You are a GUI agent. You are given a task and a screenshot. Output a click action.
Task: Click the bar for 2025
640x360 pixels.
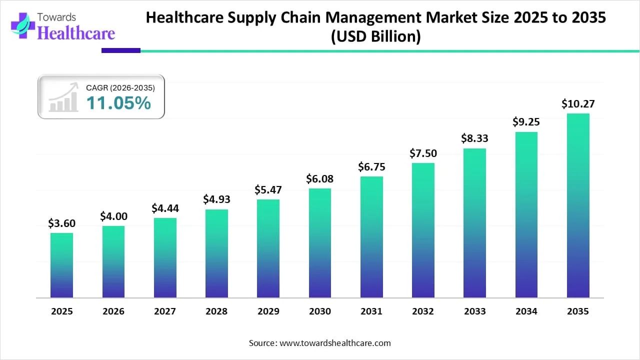coord(61,265)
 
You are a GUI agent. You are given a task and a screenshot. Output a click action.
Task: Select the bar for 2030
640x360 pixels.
coord(320,243)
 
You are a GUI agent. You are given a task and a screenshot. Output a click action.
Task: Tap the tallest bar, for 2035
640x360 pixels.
coord(578,205)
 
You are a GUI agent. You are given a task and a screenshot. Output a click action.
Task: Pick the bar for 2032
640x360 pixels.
coord(423,230)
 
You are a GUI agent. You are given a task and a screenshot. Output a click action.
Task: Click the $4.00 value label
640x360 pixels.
coord(113,216)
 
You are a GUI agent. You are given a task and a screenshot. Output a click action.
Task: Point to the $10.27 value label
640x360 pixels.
coord(578,104)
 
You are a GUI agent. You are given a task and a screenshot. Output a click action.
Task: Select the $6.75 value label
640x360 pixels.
coord(371,167)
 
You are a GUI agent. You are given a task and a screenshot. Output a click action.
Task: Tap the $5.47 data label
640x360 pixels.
coord(268,190)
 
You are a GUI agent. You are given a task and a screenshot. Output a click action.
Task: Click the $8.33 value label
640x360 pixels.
coord(474,138)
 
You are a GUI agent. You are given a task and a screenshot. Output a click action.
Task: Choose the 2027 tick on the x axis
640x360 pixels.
coord(165,311)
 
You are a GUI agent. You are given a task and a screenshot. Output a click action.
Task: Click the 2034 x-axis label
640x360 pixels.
coord(526,311)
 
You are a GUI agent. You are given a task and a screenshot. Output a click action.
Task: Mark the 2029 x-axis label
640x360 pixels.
coord(268,311)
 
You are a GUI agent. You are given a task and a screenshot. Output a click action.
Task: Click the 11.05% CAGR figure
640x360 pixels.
coord(118,103)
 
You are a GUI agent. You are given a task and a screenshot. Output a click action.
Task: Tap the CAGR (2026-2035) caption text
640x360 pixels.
coord(120,88)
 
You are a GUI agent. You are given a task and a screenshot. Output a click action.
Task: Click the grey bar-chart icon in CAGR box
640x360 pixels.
coord(63,98)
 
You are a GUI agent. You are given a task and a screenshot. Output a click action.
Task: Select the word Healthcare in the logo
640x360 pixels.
coord(76,33)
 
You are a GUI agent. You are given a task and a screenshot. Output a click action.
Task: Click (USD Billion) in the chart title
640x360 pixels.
coord(375,36)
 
